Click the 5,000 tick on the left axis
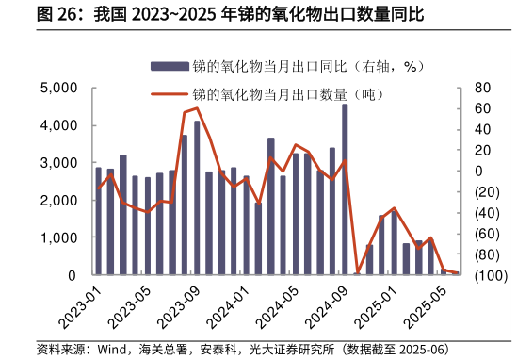58,88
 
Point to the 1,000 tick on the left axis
58,237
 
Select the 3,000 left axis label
58,163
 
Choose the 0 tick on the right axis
477,171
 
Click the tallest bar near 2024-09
345,188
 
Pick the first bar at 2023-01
98,221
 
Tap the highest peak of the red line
196,107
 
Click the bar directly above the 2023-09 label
197,198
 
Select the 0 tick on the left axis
72,275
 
